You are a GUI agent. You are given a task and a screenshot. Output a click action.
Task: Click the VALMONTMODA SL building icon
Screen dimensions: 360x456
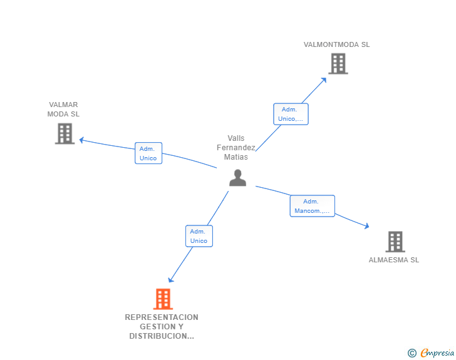coord(338,64)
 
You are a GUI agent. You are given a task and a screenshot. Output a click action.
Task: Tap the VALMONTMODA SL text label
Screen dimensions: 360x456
coord(336,44)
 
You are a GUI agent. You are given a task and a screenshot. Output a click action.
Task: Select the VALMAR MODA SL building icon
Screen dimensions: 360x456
coord(65,133)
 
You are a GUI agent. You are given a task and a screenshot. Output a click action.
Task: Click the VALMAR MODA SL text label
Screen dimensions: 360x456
coord(63,110)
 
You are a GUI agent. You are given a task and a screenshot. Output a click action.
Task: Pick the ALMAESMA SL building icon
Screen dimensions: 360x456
coord(395,242)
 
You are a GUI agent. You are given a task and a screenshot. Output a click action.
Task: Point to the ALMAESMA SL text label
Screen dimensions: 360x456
coord(393,260)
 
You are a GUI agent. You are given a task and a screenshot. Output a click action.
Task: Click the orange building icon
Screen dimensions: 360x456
coord(163,299)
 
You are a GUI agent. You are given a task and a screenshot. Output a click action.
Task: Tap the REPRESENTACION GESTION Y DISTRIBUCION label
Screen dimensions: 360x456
coord(162,327)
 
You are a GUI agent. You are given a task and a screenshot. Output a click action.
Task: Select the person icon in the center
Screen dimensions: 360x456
coord(237,178)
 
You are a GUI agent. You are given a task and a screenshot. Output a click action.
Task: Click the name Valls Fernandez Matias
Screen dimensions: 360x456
coord(236,148)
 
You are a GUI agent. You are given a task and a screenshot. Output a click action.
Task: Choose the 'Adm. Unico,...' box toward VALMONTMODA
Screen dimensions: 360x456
coord(291,114)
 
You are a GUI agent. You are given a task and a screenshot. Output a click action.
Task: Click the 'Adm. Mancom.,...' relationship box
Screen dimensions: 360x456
coord(312,206)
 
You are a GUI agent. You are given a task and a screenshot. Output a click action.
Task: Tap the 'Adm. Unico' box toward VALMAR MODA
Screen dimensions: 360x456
coord(148,153)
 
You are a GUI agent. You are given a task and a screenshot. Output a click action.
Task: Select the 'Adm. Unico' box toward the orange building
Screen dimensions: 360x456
coord(199,236)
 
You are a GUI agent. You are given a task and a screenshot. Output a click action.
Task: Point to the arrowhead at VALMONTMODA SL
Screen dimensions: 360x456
coord(324,79)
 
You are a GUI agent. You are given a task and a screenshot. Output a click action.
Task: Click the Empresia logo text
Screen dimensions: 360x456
coord(437,353)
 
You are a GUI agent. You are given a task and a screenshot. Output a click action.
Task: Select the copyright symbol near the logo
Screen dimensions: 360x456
coord(412,353)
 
